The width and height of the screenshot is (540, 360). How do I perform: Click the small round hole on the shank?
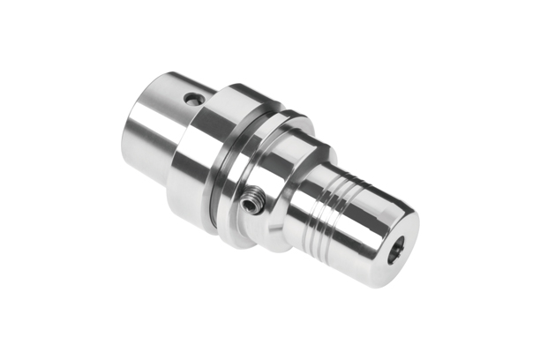pyautogui.click(x=192, y=98)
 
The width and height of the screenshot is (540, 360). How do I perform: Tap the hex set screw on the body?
pyautogui.click(x=252, y=205)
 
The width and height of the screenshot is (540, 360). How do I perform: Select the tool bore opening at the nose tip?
pyautogui.click(x=394, y=249)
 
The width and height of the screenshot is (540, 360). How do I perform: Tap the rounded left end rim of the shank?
pyautogui.click(x=132, y=132)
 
